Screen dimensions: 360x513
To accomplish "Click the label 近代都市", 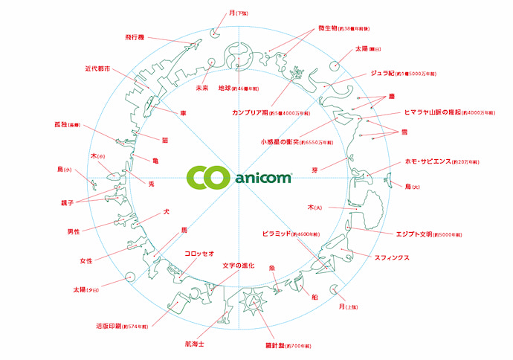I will (98, 68).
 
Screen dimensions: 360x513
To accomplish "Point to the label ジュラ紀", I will (386, 74).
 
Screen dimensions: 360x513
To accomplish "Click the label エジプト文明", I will (416, 232).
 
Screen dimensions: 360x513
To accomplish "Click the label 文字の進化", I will (238, 266).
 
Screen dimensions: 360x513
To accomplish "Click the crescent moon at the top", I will (216, 31).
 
